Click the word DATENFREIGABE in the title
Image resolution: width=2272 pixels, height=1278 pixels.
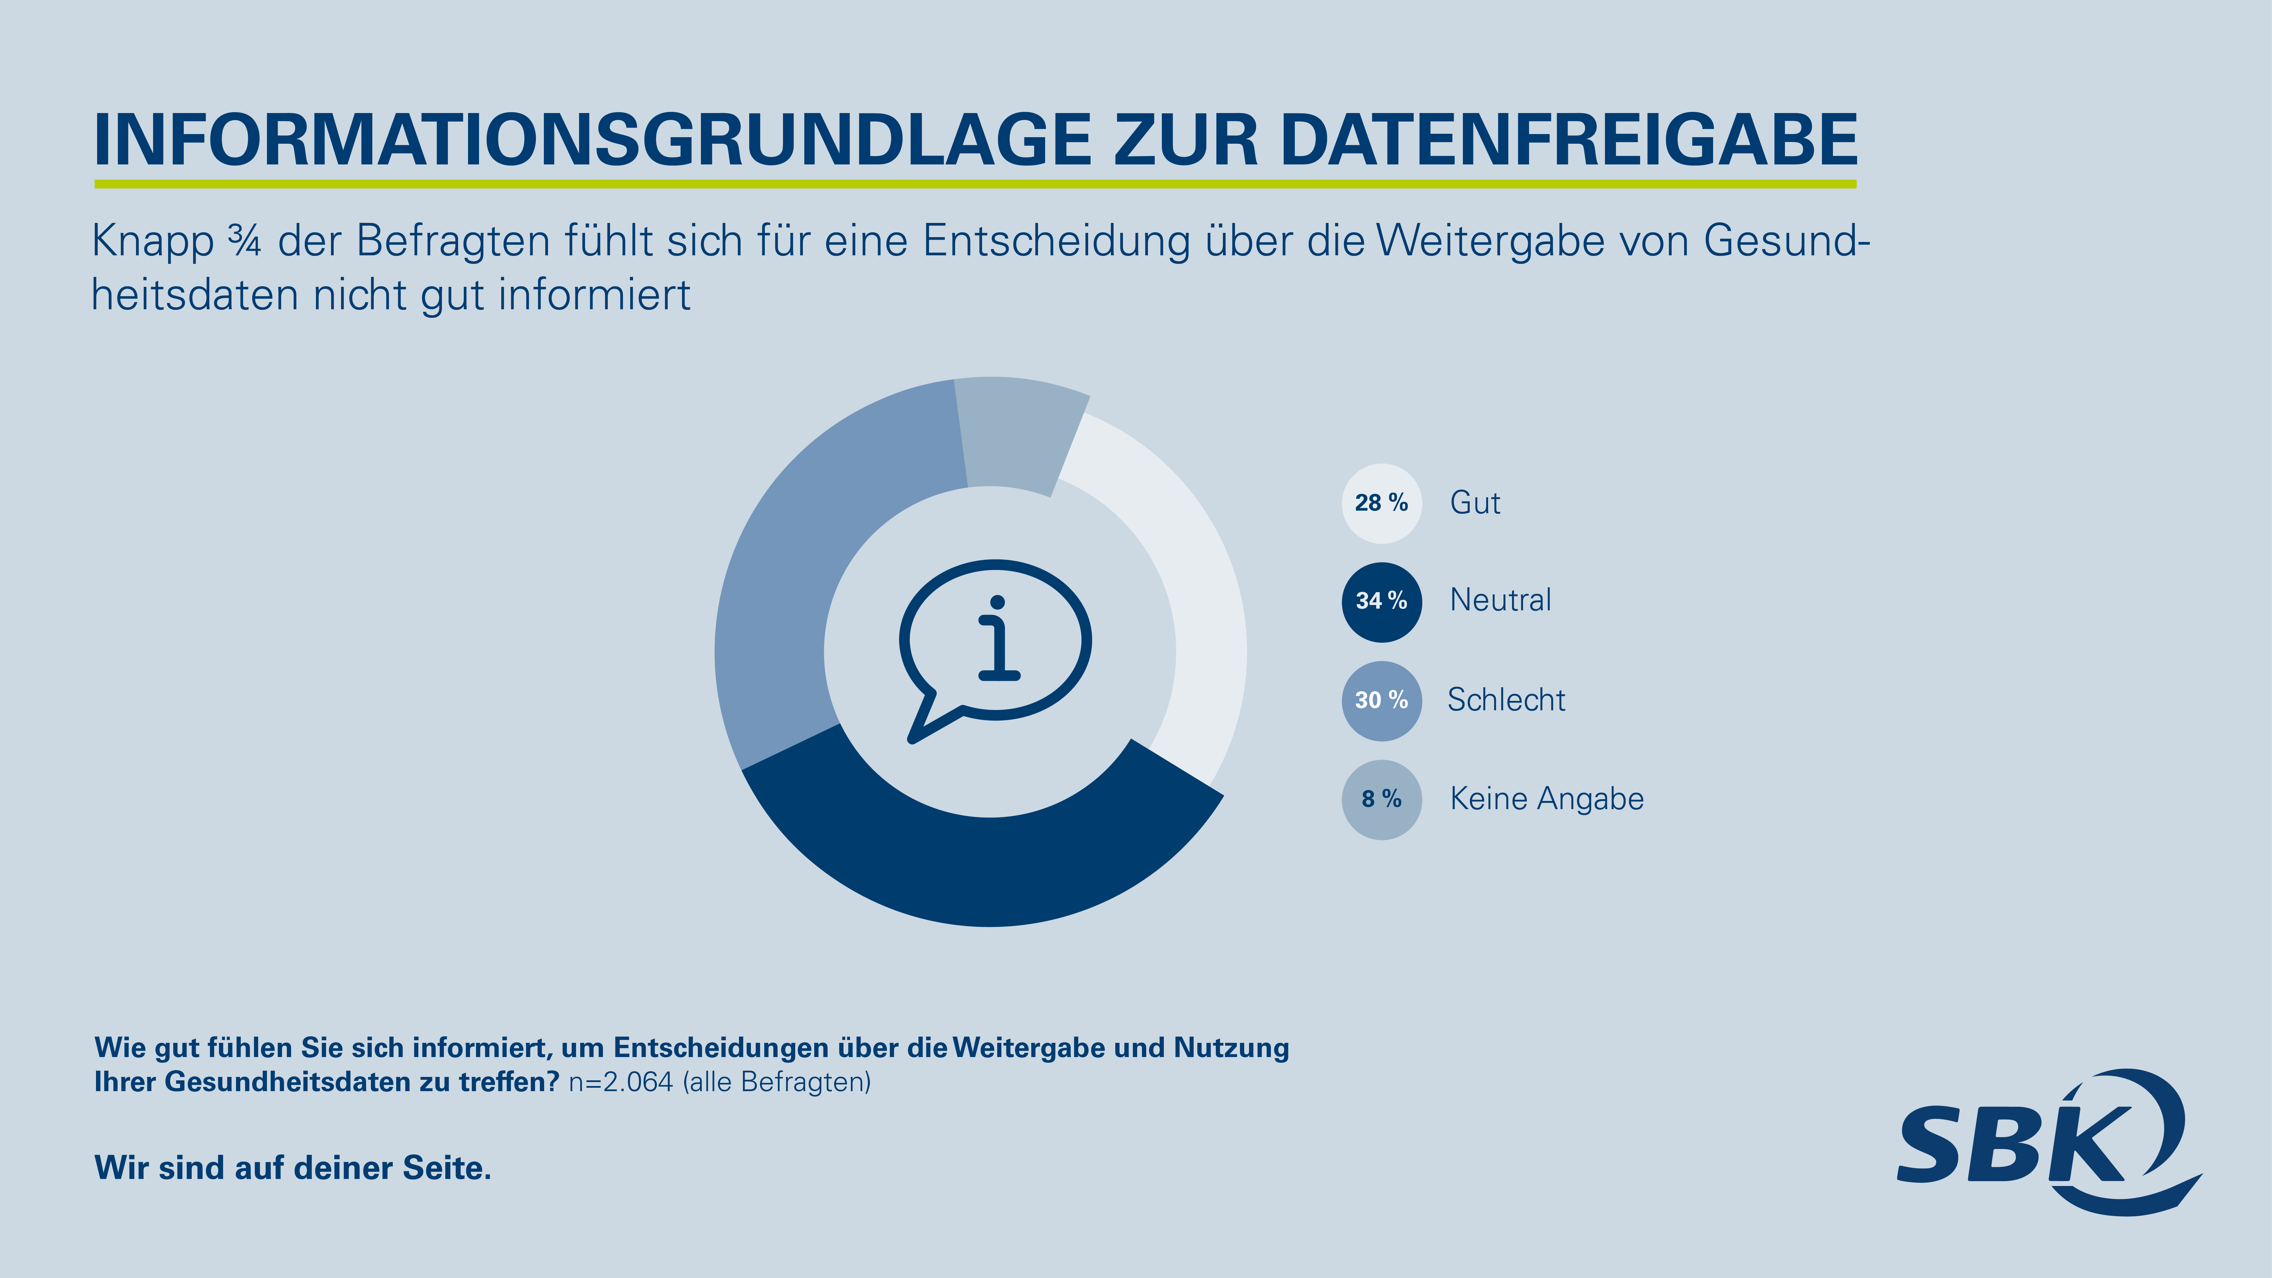[1568, 139]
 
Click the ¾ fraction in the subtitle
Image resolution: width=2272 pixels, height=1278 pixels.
[244, 241]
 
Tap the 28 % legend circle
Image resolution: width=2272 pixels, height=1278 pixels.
[1381, 503]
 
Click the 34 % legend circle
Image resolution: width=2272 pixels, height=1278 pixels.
[1381, 602]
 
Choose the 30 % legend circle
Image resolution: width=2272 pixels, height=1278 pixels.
[1381, 700]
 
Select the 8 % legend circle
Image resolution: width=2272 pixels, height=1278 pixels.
[1381, 799]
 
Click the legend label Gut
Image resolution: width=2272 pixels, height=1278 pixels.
[1475, 503]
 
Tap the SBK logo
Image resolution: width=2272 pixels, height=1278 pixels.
[2046, 1142]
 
